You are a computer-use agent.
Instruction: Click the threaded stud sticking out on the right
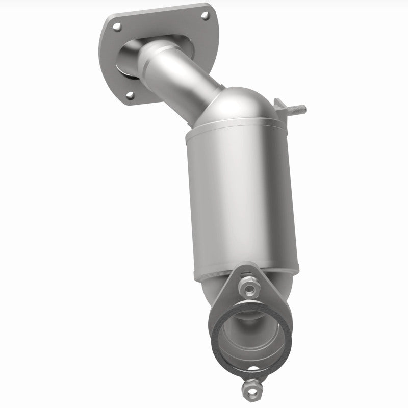click(x=297, y=109)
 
